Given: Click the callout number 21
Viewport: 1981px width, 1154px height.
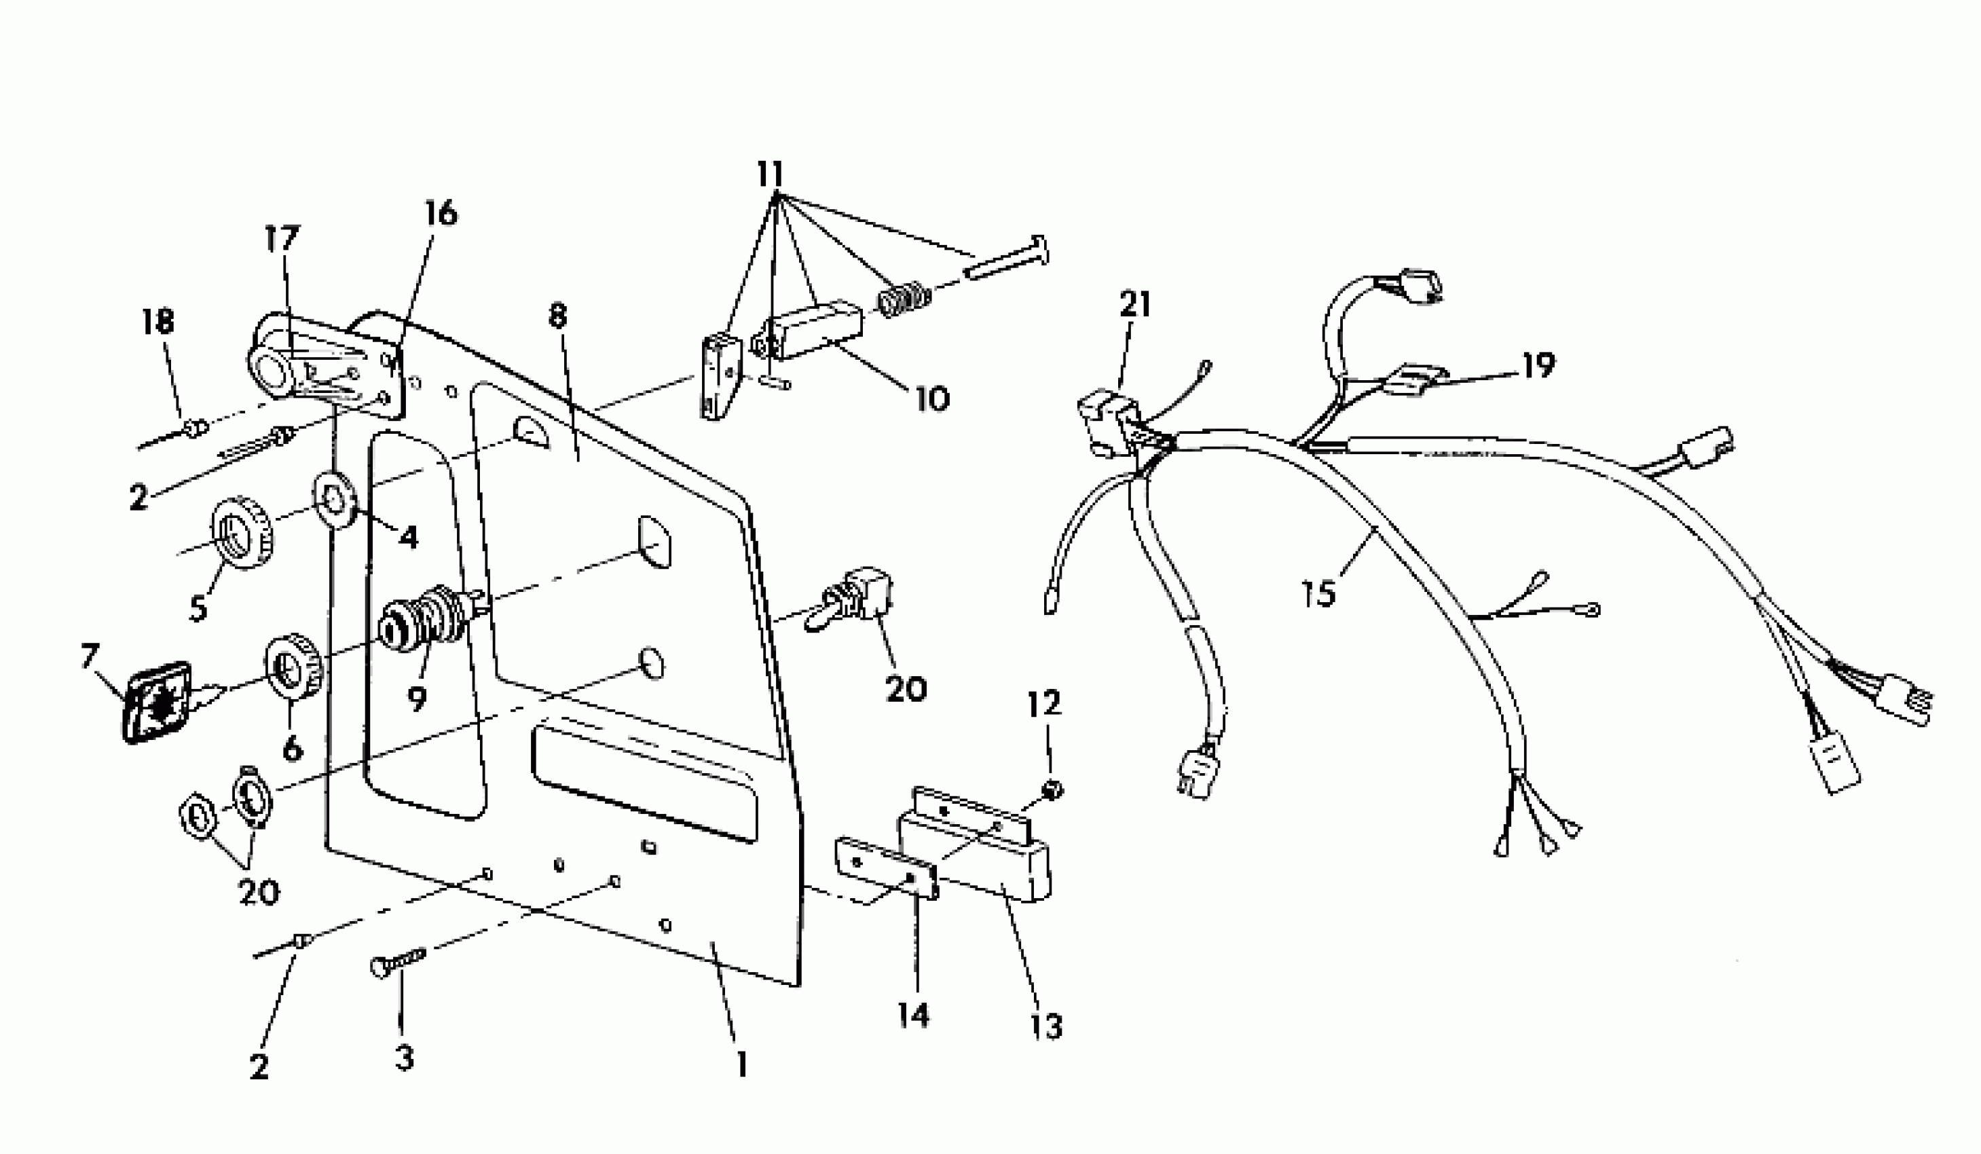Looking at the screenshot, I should coord(1134,304).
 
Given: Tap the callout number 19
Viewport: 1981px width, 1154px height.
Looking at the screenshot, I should coord(1538,365).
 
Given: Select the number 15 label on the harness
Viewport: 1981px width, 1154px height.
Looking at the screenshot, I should coord(1318,593).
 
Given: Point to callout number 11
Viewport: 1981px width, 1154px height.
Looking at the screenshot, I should coord(771,174).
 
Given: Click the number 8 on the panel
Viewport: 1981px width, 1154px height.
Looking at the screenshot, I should coord(557,317).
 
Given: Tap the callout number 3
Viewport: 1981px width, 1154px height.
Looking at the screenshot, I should coord(404,1058).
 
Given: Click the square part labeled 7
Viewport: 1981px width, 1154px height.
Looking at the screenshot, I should coord(158,702).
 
